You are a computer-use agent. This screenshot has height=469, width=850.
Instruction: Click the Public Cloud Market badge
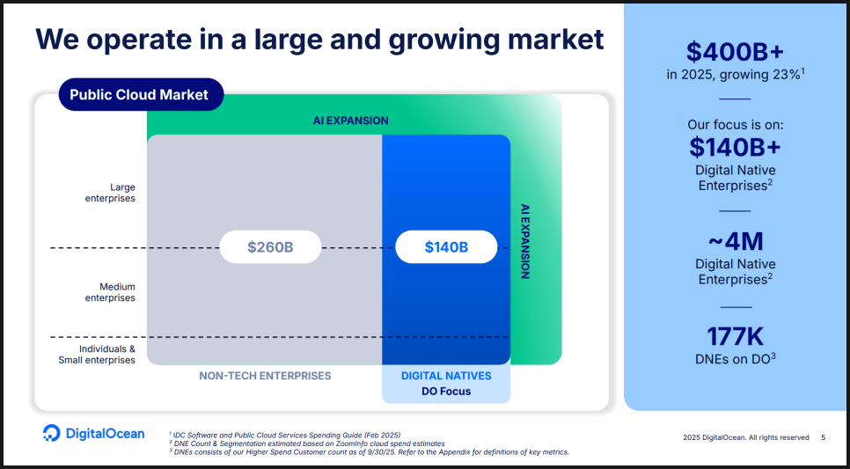click(141, 94)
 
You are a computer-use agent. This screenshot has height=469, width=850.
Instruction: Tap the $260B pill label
click(270, 247)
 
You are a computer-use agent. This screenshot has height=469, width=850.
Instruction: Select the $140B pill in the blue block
click(446, 247)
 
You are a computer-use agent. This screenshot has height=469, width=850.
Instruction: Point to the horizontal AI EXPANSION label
click(351, 121)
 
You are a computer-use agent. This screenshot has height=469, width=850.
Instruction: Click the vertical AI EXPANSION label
click(524, 241)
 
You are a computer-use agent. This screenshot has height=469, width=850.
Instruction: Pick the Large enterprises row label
click(110, 193)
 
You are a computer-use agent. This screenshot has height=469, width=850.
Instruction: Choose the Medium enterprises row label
click(110, 292)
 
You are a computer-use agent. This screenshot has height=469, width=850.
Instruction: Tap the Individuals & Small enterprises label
click(97, 355)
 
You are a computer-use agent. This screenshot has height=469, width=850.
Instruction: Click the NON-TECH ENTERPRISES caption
click(265, 376)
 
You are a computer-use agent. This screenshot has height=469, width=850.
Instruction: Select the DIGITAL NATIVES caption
click(446, 376)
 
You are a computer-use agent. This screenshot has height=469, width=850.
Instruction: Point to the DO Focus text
click(446, 392)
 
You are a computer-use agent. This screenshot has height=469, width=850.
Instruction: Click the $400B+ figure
click(735, 52)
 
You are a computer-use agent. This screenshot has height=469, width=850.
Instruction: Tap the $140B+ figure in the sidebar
click(735, 146)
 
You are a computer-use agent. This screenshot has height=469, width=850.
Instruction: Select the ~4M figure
click(735, 241)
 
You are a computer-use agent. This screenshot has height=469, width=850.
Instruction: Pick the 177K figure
click(735, 336)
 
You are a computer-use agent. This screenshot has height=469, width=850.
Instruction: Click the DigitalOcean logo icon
click(52, 433)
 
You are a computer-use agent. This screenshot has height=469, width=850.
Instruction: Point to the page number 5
click(824, 437)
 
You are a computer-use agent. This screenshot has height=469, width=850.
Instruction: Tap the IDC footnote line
click(285, 435)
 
